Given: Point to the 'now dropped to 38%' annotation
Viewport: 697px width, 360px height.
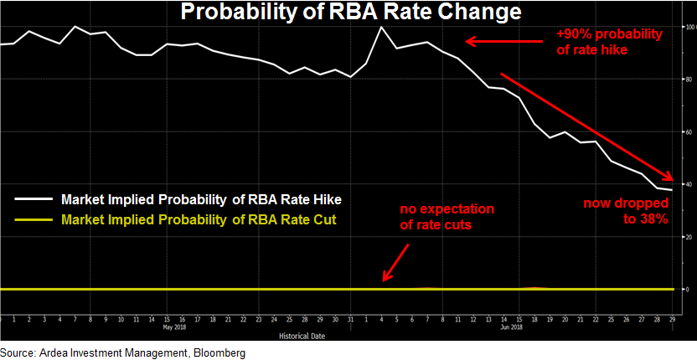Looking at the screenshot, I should coord(638,211).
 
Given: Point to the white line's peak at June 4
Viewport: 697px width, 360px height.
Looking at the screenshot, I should coord(382,27).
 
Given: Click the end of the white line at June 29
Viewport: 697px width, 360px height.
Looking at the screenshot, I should coord(672,190).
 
